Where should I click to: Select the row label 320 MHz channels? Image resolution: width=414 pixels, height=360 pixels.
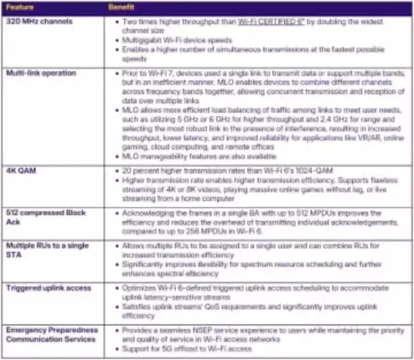pos(34,21)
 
